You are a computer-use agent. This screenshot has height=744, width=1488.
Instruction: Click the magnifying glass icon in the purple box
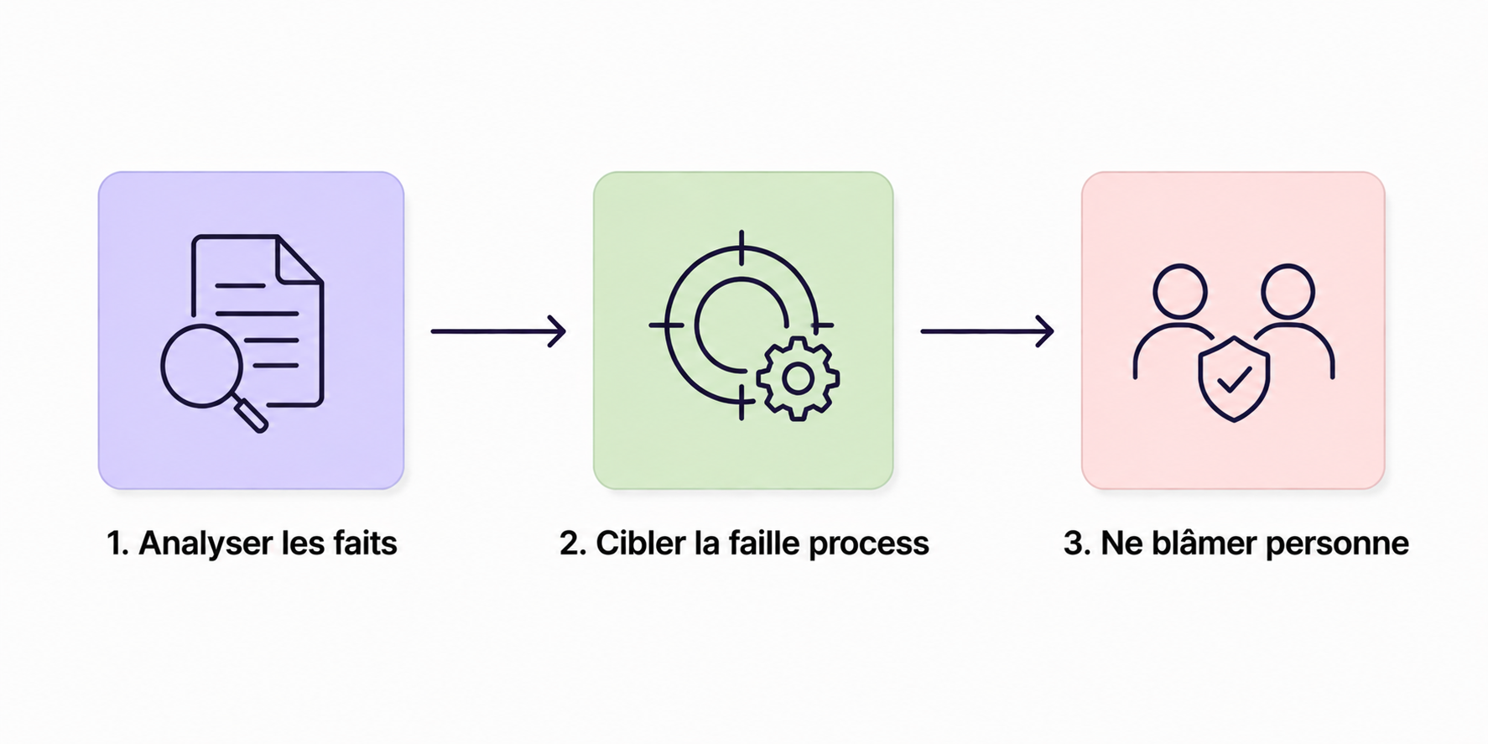[x=202, y=366]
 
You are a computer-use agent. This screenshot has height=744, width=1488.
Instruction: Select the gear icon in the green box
[x=797, y=379]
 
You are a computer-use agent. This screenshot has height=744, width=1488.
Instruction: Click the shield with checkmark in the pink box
[x=1233, y=378]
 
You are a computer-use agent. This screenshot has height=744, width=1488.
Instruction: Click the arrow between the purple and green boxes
[x=498, y=331]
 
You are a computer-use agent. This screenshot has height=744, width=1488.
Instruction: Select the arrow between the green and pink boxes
[x=987, y=331]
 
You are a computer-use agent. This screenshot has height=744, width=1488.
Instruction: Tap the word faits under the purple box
[x=365, y=544]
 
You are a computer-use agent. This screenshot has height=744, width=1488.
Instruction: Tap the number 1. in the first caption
[x=117, y=544]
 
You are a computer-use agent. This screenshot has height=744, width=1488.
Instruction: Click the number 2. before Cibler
[x=573, y=544]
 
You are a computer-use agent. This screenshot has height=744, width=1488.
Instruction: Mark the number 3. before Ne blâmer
[x=1077, y=544]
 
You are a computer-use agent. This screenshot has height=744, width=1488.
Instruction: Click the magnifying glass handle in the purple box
[x=250, y=416]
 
